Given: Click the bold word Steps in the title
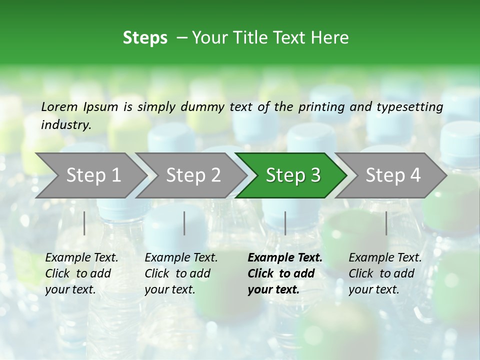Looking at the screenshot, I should [x=145, y=38].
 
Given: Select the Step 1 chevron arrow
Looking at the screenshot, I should [x=90, y=175].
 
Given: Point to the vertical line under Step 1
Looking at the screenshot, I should [x=84, y=223].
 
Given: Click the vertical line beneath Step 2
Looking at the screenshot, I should [x=184, y=223].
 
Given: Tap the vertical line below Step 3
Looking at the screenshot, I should [x=285, y=223].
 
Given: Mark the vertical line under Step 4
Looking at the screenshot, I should [x=386, y=223].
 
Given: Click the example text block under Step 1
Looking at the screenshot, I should [x=81, y=273].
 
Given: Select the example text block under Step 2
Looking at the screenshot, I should [x=181, y=273].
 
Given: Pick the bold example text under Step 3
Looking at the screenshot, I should [x=285, y=273].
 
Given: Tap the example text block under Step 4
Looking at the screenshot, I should [x=385, y=273].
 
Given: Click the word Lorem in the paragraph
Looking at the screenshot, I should [x=59, y=107].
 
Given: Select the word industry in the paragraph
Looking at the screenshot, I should [x=65, y=125].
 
